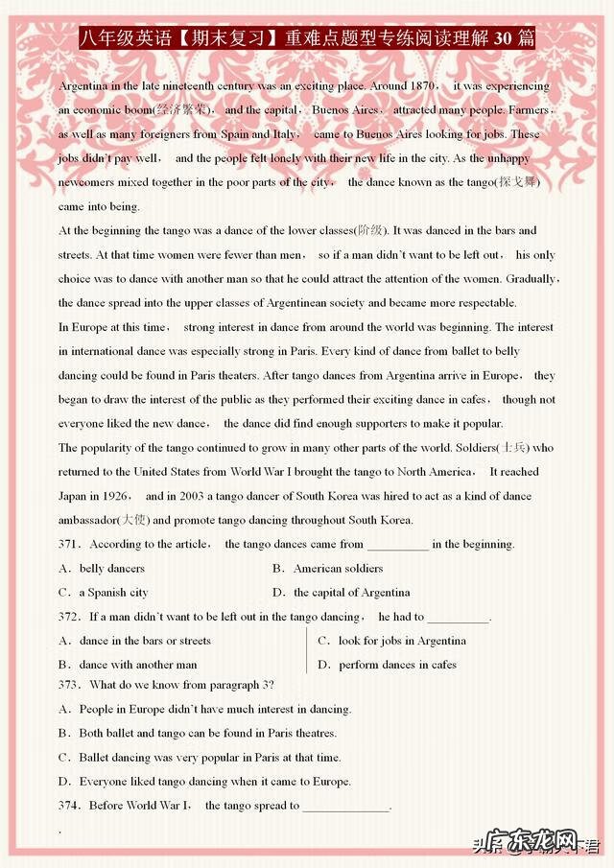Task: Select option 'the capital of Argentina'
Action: pos(351,592)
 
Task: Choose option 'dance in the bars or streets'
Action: pos(145,641)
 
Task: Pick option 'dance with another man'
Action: pos(138,665)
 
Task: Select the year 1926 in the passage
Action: pos(119,496)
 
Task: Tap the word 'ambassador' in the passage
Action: pos(86,520)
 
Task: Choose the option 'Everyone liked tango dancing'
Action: pos(153,782)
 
